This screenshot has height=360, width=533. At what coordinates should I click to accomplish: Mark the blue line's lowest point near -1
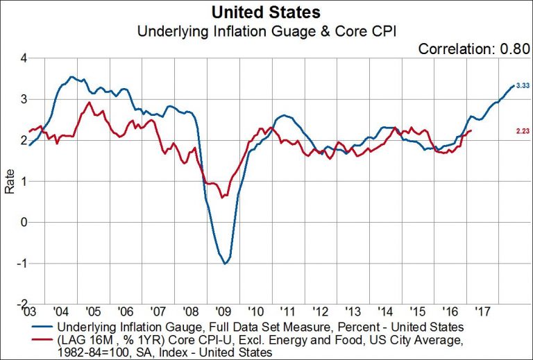[x=225, y=264]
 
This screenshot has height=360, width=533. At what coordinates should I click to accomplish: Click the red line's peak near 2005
[x=89, y=103]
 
